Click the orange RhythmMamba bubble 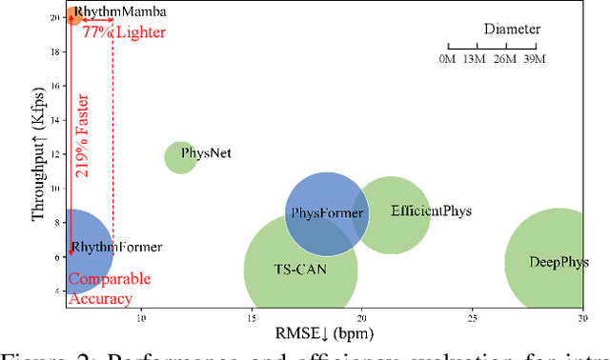click(72, 15)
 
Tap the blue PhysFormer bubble click(327, 212)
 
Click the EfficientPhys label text click(431, 210)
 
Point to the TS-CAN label click(299, 270)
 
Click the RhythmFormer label click(116, 248)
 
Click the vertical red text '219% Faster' click(84, 140)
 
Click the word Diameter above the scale click(511, 29)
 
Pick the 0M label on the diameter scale click(447, 61)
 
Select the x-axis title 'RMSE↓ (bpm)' click(324, 332)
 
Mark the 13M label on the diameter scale click(476, 61)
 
